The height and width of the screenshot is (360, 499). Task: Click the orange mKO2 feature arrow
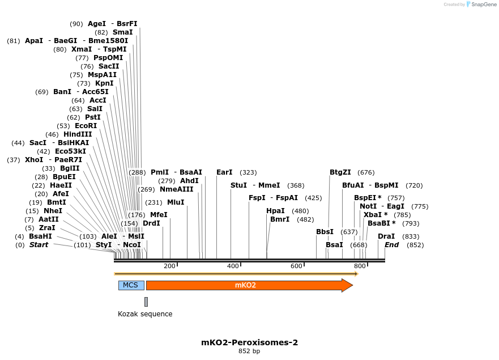pos(249,285)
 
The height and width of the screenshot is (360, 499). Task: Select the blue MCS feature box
pos(131,285)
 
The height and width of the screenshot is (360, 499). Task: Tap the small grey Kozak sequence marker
pos(146,302)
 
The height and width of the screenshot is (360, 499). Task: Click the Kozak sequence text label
pos(145,314)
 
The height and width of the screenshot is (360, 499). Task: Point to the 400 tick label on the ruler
pos(233,266)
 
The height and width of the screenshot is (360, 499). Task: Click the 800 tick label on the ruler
pos(360,266)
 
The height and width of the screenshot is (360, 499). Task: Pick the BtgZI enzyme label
pos(340,172)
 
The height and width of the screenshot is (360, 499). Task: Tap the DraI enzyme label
pos(386,236)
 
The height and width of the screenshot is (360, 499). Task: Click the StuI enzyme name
pos(239,185)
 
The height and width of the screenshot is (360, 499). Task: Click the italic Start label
pos(39,245)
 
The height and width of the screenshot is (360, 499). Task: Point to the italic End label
pos(392,245)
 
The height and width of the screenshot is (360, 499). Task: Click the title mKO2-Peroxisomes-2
pos(249,342)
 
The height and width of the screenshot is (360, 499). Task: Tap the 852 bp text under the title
pos(249,351)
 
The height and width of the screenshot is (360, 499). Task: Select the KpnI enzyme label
pos(104,83)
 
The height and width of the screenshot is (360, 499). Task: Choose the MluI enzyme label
pos(176,202)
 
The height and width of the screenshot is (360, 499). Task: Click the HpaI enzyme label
pos(275,211)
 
